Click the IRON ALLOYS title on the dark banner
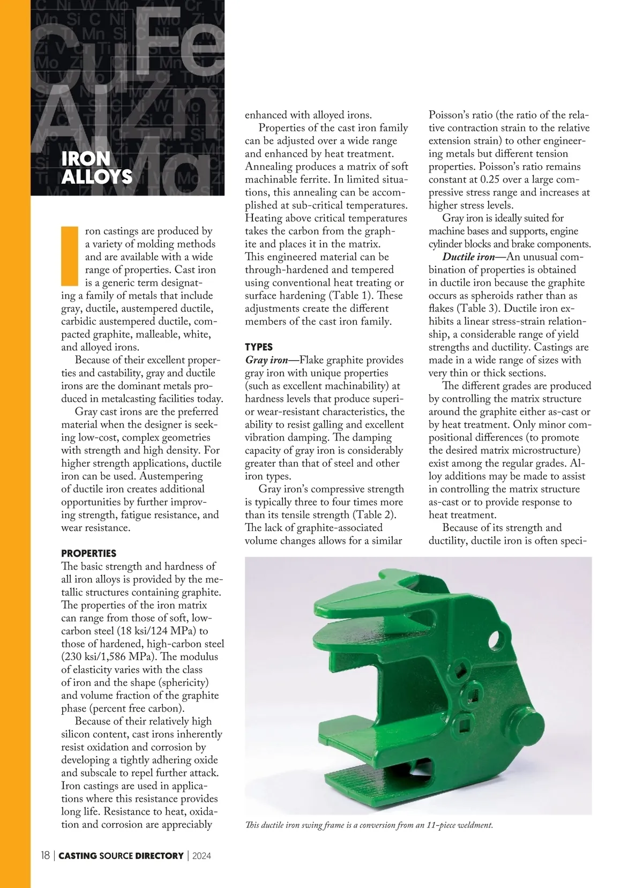96,167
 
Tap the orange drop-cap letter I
70,256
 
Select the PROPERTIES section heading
88,553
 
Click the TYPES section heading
259,347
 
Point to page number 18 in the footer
46,856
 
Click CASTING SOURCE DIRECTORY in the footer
121,856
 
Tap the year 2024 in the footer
201,856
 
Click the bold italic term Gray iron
267,360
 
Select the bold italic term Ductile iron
468,257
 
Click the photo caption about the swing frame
369,825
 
